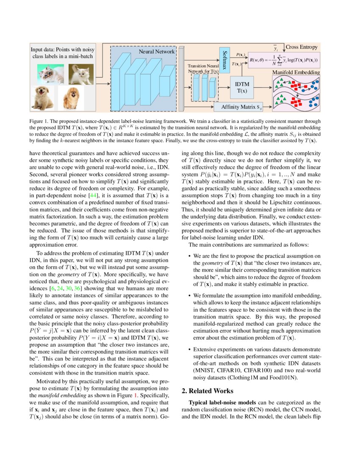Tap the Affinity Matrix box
241,107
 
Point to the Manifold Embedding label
296,72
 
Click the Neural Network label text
156,51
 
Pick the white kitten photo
80,74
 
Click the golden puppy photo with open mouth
43,99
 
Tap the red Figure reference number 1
136,395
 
